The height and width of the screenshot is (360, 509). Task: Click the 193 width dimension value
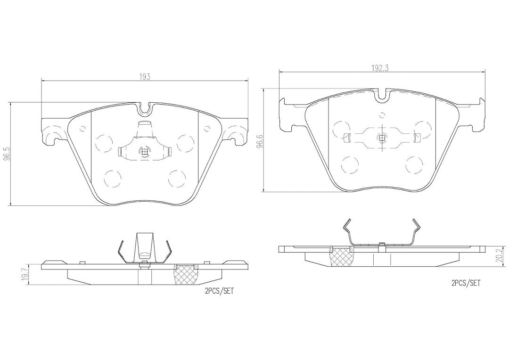(x=145, y=77)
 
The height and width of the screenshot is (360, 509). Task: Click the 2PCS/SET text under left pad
(x=219, y=291)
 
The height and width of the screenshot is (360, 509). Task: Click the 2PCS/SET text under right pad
(x=466, y=283)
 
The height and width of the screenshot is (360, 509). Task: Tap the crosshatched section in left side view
(x=187, y=275)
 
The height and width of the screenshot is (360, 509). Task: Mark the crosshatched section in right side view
(x=342, y=256)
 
